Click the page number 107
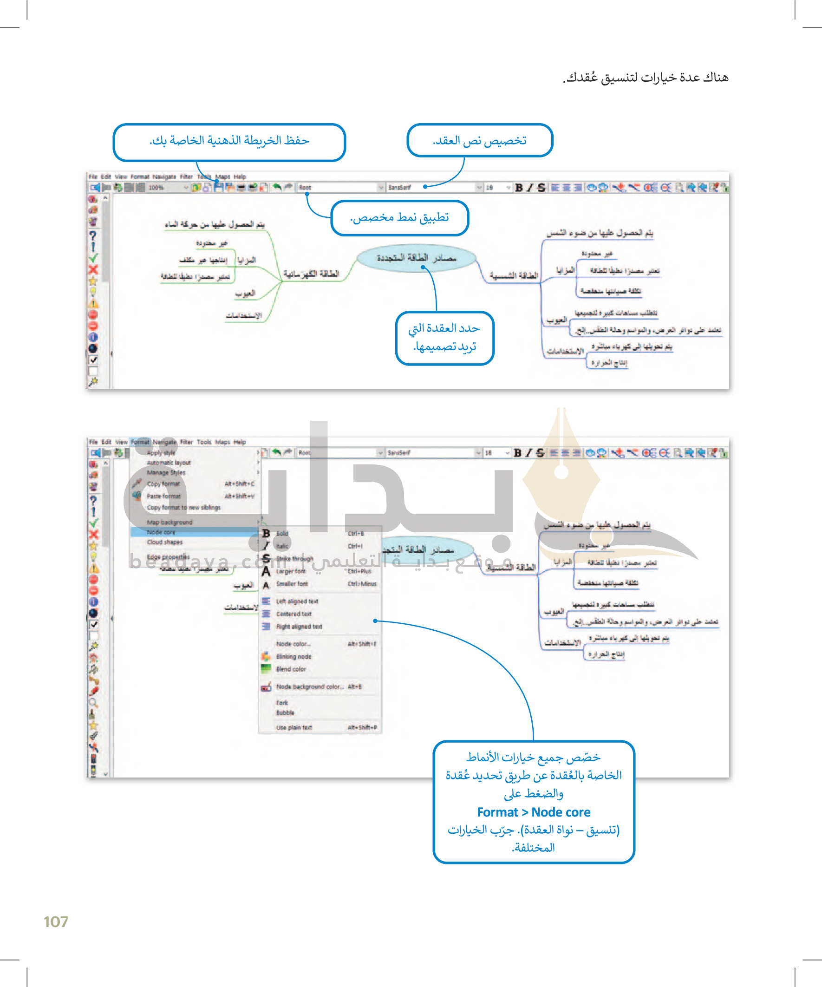pyautogui.click(x=56, y=922)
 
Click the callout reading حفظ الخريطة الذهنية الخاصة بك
pyautogui.click(x=229, y=141)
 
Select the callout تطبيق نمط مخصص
pyautogui.click(x=399, y=218)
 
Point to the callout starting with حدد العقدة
pyautogui.click(x=444, y=338)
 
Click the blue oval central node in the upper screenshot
pyautogui.click(x=417, y=258)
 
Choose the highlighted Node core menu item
pyautogui.click(x=161, y=532)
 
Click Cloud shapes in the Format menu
pyautogui.click(x=164, y=542)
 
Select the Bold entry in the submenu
pyautogui.click(x=282, y=534)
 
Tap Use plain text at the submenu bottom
pyautogui.click(x=294, y=727)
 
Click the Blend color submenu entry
pyautogui.click(x=291, y=669)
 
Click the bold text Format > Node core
pyautogui.click(x=534, y=812)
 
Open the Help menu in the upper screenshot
pyautogui.click(x=240, y=176)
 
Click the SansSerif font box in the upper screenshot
pyautogui.click(x=430, y=188)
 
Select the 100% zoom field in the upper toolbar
pyautogui.click(x=164, y=188)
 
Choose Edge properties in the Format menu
pyautogui.click(x=168, y=557)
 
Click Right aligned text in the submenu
pyautogui.click(x=299, y=627)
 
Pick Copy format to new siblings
pyautogui.click(x=183, y=508)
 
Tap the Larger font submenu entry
pyautogui.click(x=291, y=571)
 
